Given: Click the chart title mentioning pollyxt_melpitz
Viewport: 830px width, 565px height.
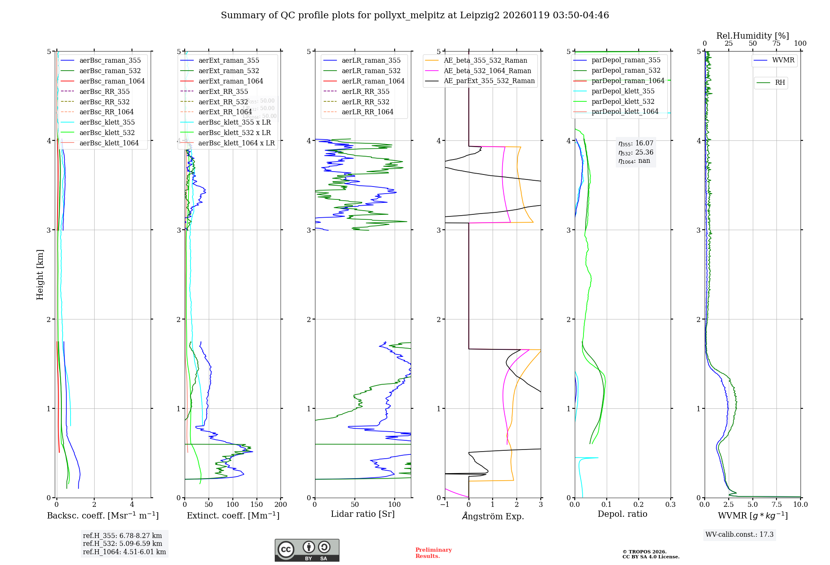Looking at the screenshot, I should (415, 15).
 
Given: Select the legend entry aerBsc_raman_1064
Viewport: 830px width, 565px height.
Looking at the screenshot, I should (112, 81).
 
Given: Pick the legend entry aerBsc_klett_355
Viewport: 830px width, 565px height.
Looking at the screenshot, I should (107, 122).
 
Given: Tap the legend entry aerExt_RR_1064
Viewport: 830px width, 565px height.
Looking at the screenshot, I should (225, 112).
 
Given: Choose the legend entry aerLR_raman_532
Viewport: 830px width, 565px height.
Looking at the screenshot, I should (371, 71).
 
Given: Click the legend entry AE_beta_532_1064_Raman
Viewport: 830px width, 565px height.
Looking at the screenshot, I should (487, 71).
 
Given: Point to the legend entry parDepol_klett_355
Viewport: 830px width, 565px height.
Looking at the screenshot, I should (623, 91).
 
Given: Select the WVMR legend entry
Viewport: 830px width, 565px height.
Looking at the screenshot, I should (783, 60).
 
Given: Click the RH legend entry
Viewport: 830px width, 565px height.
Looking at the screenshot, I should (780, 83).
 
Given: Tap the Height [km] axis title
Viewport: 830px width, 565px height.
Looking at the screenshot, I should (40, 274).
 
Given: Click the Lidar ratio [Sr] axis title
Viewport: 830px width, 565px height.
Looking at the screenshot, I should (363, 514).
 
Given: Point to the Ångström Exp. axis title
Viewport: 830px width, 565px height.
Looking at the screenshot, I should (493, 516).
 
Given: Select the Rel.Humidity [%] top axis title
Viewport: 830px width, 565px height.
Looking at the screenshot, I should (752, 36).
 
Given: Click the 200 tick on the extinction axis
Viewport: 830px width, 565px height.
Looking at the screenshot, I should (281, 504).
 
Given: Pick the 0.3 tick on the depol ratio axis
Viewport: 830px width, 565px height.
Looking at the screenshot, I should (671, 504).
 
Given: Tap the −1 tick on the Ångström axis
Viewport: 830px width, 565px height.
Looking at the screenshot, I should (444, 504).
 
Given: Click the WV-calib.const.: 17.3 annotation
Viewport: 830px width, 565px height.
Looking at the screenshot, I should (740, 534).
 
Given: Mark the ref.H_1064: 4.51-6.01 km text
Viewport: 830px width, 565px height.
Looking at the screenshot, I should (124, 552).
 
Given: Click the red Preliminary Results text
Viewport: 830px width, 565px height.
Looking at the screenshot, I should (433, 553).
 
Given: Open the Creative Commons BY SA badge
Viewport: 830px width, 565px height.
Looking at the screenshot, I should (307, 550).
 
